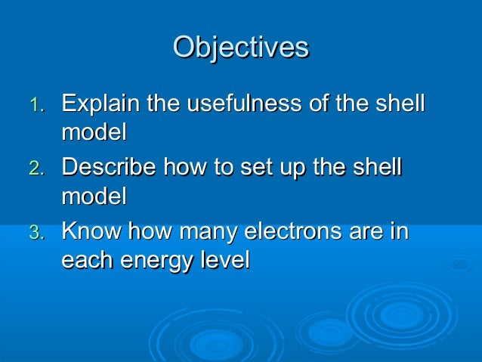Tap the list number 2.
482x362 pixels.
[38, 168]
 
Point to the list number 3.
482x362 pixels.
[38, 232]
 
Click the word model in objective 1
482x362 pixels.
[94, 132]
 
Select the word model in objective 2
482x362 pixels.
[94, 196]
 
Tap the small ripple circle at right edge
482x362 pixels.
[460, 264]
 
